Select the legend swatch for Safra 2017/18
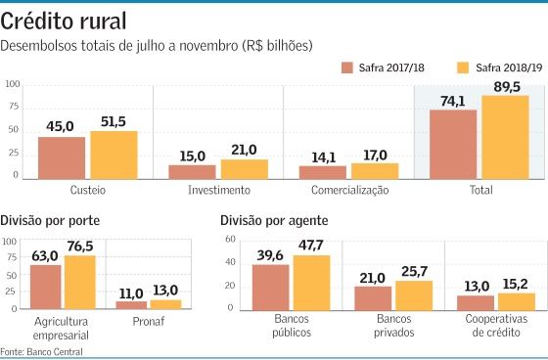pos(347,67)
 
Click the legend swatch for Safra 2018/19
pos(464,67)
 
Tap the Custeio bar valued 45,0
pos(62,158)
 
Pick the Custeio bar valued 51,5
pos(114,156)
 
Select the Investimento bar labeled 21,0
pos(244,169)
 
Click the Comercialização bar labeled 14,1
pos(322,172)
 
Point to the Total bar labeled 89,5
pos(504,137)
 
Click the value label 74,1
pos(452,101)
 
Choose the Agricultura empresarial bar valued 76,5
pos(80,282)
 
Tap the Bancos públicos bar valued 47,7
pos(312,282)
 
